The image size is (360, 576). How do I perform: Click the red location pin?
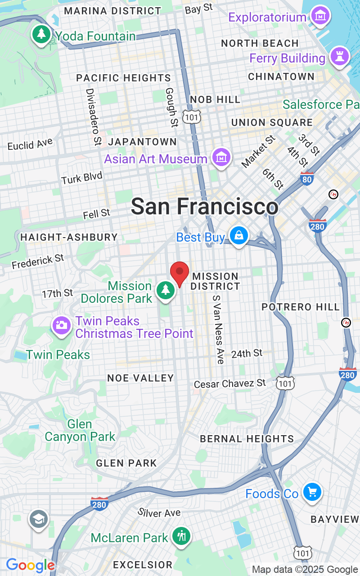point(180,273)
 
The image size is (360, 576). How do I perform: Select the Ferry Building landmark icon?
point(339,57)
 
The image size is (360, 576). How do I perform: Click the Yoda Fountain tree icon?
point(41,34)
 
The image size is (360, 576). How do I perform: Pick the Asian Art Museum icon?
point(221,158)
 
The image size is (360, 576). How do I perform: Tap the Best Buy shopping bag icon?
point(238,235)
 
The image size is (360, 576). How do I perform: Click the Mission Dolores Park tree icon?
point(166,290)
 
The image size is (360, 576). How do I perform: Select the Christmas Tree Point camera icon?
point(61,325)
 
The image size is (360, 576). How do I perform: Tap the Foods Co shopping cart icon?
point(312,492)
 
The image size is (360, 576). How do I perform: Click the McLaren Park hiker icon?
point(182,536)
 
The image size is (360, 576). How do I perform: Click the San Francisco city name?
point(205,207)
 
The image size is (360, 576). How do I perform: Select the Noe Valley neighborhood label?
point(140,378)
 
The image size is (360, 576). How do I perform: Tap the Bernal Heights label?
point(247,439)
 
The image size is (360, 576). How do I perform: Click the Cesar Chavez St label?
point(230,384)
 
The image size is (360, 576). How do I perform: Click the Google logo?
point(30,565)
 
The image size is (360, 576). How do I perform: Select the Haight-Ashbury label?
point(69,237)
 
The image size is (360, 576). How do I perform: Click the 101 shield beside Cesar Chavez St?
point(286,382)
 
